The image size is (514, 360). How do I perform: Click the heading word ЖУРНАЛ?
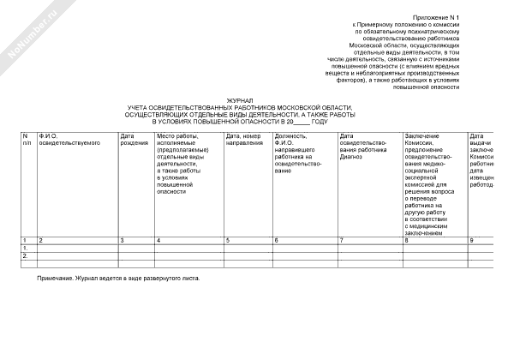tap(239, 100)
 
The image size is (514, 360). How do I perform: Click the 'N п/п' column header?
tap(27, 139)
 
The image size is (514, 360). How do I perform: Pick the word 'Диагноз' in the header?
tap(352, 157)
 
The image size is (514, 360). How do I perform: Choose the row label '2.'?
tap(26, 255)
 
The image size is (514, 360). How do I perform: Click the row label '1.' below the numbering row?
tap(26, 248)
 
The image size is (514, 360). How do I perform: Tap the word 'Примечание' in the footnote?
tap(56, 279)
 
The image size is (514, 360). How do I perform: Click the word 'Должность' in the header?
tap(290, 135)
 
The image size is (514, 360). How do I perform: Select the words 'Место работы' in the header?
tap(177, 135)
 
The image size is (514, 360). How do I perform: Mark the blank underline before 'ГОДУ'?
tap(300, 121)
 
